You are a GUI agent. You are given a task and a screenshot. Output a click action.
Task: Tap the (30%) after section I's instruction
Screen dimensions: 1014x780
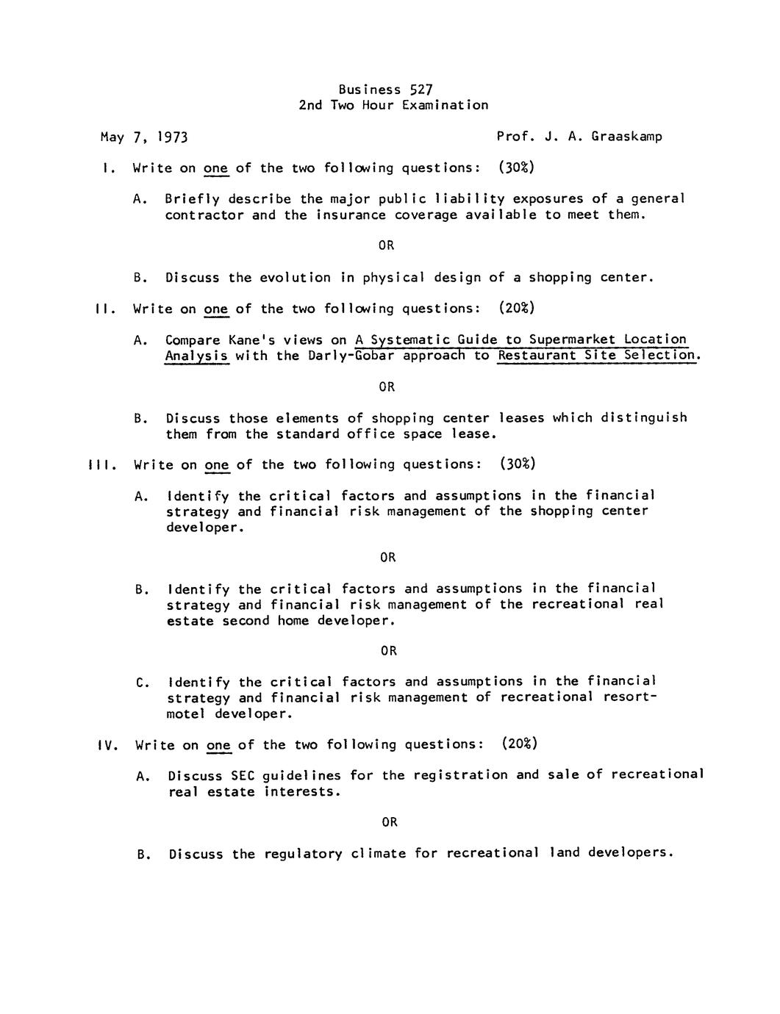516,168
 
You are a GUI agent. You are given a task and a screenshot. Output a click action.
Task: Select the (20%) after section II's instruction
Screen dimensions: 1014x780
516,309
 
